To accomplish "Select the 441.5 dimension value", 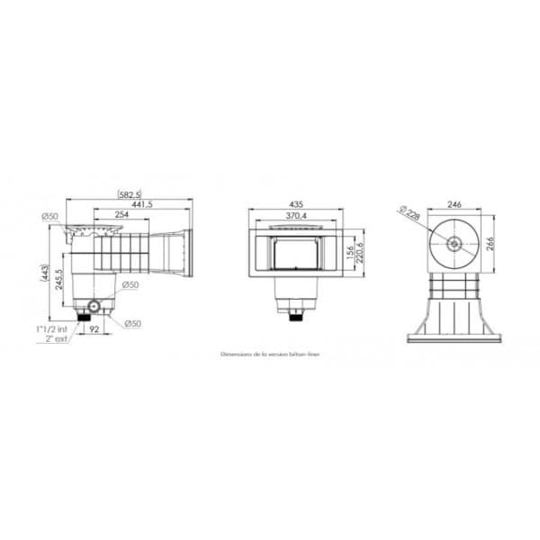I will (x=141, y=204).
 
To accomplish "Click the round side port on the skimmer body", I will (x=99, y=304).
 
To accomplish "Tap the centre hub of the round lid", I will (x=454, y=243).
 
